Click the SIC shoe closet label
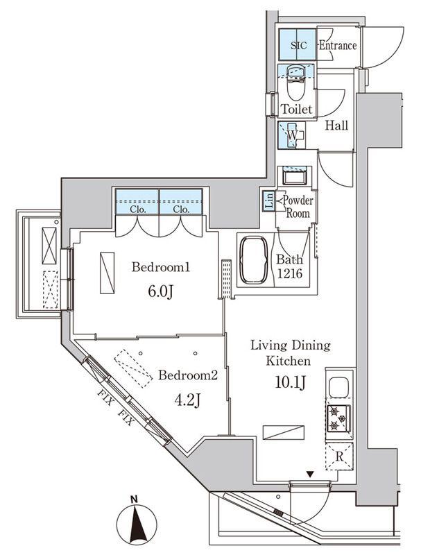tap(298, 45)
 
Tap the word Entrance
tap(338, 45)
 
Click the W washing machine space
tap(292, 135)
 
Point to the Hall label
tap(336, 126)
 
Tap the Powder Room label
tap(298, 207)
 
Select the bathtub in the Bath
tap(254, 260)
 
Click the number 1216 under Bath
tap(290, 273)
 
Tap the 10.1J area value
tap(291, 382)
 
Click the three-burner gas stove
tap(339, 418)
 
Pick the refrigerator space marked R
tap(339, 456)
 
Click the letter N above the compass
tap(134, 499)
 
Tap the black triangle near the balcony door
tap(310, 475)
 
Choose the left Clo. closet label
tap(138, 210)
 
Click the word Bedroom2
tap(188, 375)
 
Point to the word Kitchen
tap(289, 361)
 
